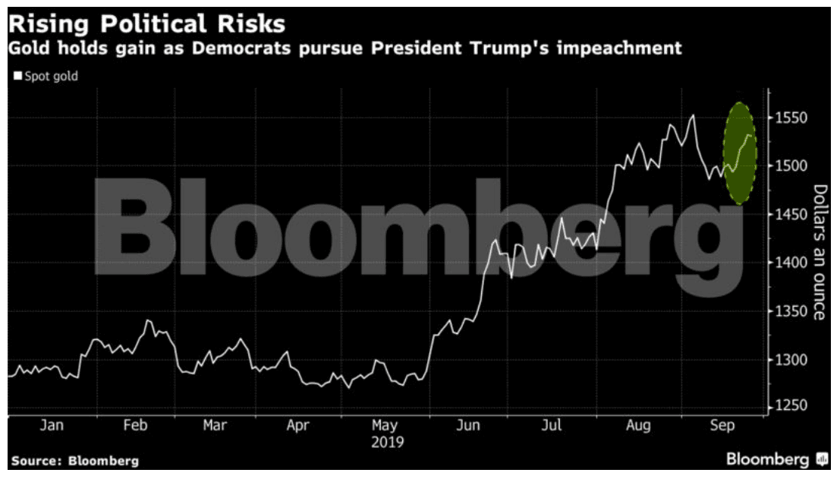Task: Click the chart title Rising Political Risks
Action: pyautogui.click(x=147, y=24)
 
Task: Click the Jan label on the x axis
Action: pyautogui.click(x=51, y=426)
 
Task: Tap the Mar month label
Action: pyautogui.click(x=215, y=426)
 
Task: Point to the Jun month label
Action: pyautogui.click(x=468, y=426)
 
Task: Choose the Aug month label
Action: pyautogui.click(x=638, y=426)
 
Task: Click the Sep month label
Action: pyautogui.click(x=722, y=426)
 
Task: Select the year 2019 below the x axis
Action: pyautogui.click(x=388, y=442)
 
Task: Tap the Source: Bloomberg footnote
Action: pyautogui.click(x=75, y=461)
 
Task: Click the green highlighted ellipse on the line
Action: pyautogui.click(x=740, y=153)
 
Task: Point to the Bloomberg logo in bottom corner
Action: pyautogui.click(x=777, y=459)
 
